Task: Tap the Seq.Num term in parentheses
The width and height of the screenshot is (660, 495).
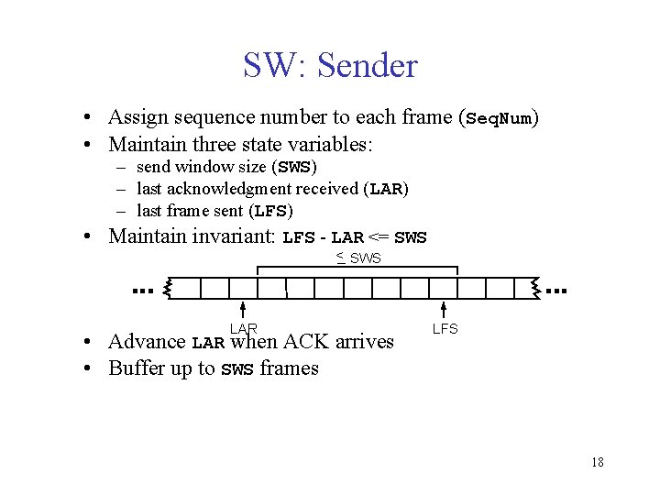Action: click(501, 118)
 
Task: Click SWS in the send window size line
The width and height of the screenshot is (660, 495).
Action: click(295, 168)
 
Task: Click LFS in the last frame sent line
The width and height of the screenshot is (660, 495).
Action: click(271, 211)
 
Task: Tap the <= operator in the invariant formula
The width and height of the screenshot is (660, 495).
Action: click(379, 237)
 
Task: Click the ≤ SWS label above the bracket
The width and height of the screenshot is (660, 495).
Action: click(358, 258)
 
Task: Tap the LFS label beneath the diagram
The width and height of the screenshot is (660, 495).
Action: click(445, 329)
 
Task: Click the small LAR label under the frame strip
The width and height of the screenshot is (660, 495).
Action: click(243, 328)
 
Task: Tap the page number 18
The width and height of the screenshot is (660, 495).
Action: click(597, 462)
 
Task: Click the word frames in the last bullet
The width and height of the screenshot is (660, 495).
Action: click(289, 368)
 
